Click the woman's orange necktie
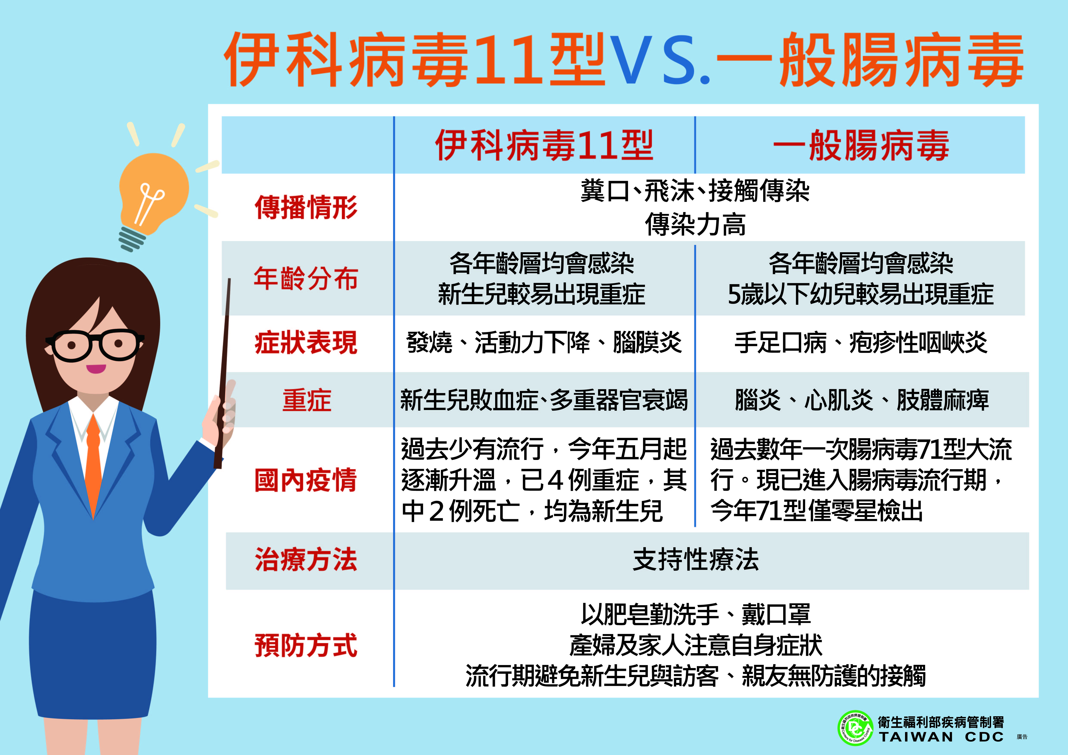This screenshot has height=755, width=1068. (x=93, y=465)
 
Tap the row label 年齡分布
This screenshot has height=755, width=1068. (x=306, y=278)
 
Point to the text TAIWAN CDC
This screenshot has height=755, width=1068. (x=941, y=737)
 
